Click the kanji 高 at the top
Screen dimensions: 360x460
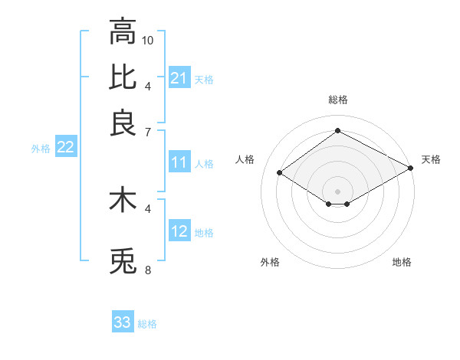[123, 32]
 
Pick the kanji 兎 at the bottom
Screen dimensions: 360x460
[123, 261]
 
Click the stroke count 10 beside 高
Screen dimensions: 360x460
[148, 40]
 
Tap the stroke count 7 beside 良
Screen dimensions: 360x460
[148, 132]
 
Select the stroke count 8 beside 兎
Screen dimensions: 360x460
[148, 270]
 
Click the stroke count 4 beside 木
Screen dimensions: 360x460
[148, 208]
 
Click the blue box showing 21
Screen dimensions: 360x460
[179, 78]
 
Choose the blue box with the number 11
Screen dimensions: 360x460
[179, 162]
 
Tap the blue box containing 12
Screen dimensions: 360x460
[179, 231]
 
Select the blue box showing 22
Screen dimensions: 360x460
[65, 148]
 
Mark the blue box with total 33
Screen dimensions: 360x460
[123, 322]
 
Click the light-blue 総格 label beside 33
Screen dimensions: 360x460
[147, 324]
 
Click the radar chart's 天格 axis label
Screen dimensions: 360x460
[431, 159]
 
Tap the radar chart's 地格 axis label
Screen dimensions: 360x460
[402, 262]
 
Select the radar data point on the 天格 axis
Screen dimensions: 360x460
[411, 168]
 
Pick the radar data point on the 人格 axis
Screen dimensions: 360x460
[280, 173]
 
